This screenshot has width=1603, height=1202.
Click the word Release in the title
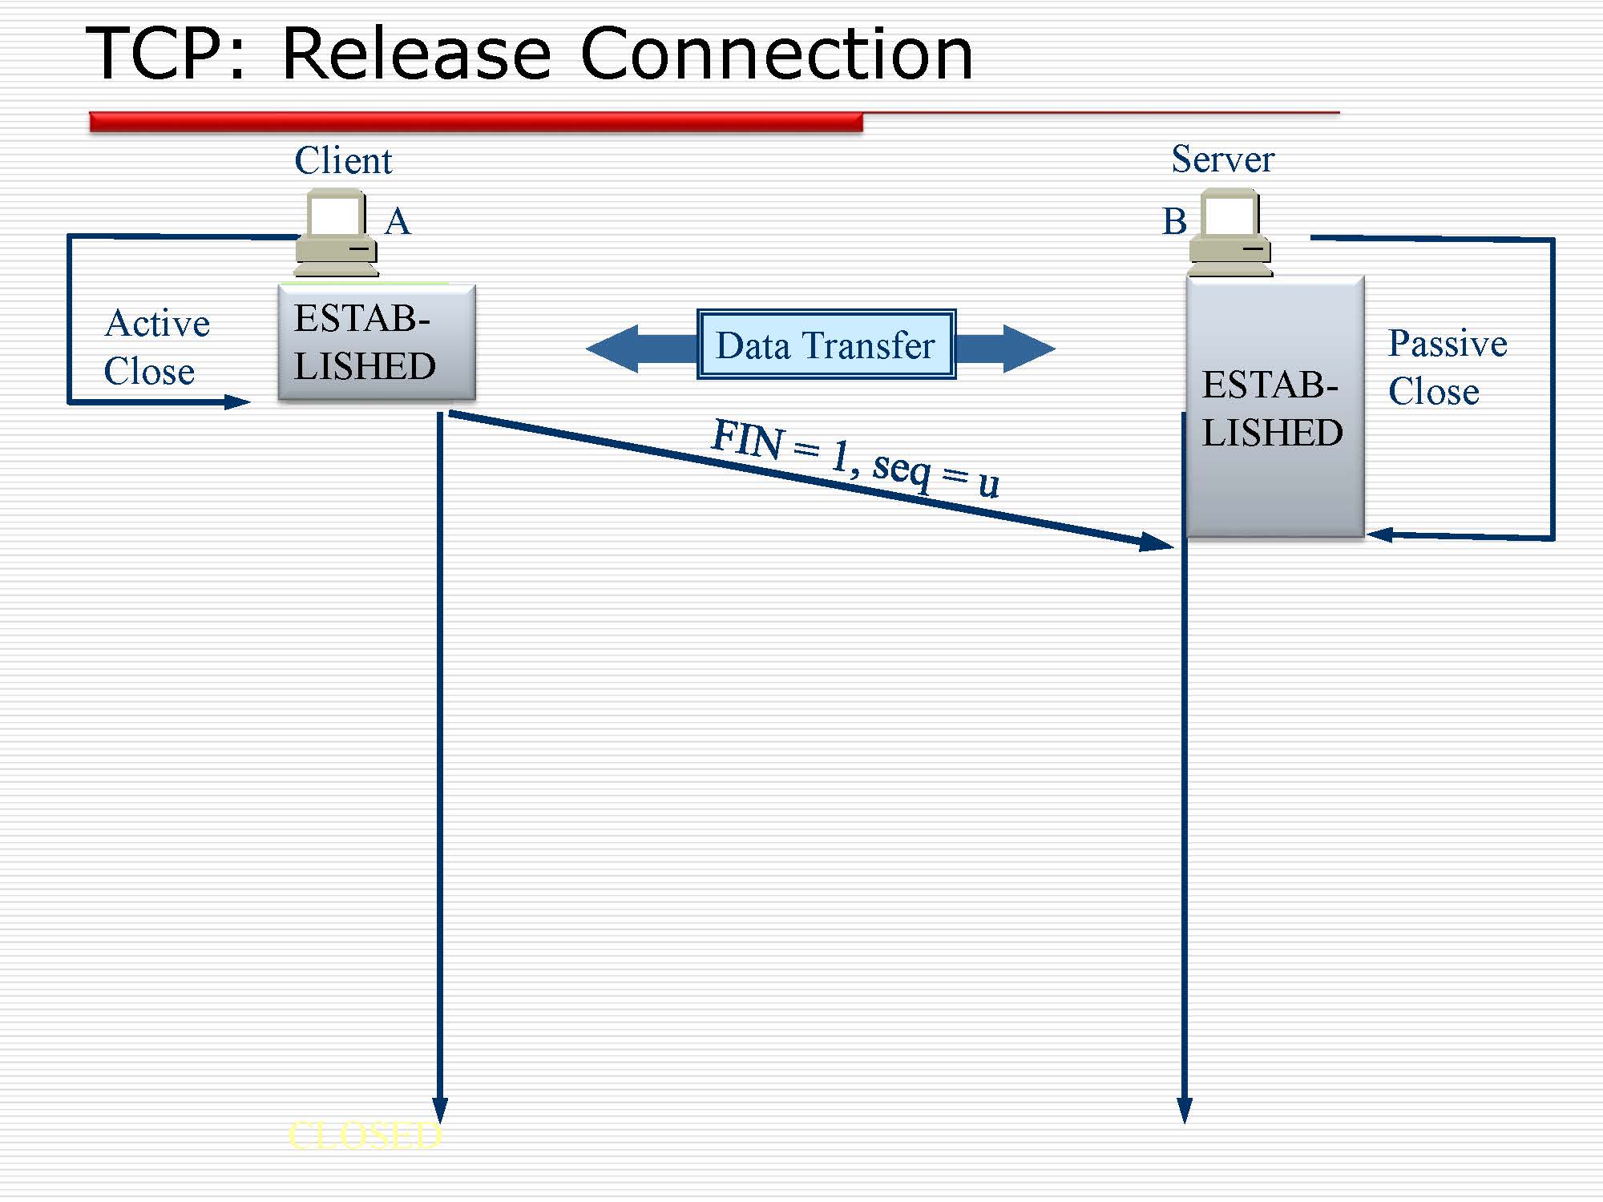[x=416, y=54]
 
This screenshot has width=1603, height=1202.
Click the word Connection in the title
[x=775, y=54]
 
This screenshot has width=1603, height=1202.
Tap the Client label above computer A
[x=343, y=160]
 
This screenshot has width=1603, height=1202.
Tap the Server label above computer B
[x=1222, y=159]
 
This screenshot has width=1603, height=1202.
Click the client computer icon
[x=337, y=233]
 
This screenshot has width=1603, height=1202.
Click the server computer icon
[x=1230, y=233]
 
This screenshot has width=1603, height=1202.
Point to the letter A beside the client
[x=398, y=221]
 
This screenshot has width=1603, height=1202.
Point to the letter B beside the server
[x=1174, y=221]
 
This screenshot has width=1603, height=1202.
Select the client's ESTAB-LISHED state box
[x=376, y=342]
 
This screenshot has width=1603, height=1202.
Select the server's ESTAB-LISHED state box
[x=1274, y=407]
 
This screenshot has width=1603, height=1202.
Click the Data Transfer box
[x=826, y=345]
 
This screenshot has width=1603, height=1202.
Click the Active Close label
[x=156, y=347]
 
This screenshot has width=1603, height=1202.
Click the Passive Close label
[x=1447, y=367]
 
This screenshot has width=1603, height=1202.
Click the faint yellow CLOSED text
[x=365, y=1135]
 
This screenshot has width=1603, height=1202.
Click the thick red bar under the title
[x=476, y=122]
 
